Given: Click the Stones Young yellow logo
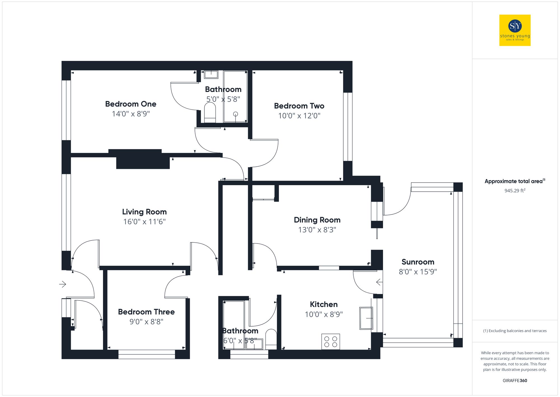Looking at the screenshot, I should tap(515, 30).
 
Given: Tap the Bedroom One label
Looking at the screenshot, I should tap(131, 104).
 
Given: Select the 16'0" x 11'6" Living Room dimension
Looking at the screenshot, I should tap(144, 222).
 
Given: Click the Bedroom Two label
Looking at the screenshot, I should tap(299, 106).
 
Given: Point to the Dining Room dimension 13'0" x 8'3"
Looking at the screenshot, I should tap(317, 230).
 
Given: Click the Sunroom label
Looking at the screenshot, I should tap(418, 262).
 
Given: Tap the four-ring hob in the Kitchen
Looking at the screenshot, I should tap(330, 342).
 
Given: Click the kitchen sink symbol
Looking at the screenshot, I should tap(366, 318).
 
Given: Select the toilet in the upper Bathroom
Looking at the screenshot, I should tap(210, 112).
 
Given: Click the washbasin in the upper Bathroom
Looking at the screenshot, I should tap(211, 75).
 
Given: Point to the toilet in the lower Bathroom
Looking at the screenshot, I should tap(271, 339).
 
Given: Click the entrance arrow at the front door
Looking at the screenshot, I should tap(63, 284).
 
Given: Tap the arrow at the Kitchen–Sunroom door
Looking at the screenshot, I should tap(379, 282).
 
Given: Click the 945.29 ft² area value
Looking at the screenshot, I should tap(515, 191).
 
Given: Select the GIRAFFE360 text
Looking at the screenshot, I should tap(515, 381).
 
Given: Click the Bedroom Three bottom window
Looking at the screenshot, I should tap(146, 354).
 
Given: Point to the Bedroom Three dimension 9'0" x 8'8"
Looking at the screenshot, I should tap(146, 322).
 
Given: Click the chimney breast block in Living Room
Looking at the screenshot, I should tap(143, 161).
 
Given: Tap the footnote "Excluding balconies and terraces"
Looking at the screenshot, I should tap(515, 331).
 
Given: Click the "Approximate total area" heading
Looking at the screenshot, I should tap(514, 182).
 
